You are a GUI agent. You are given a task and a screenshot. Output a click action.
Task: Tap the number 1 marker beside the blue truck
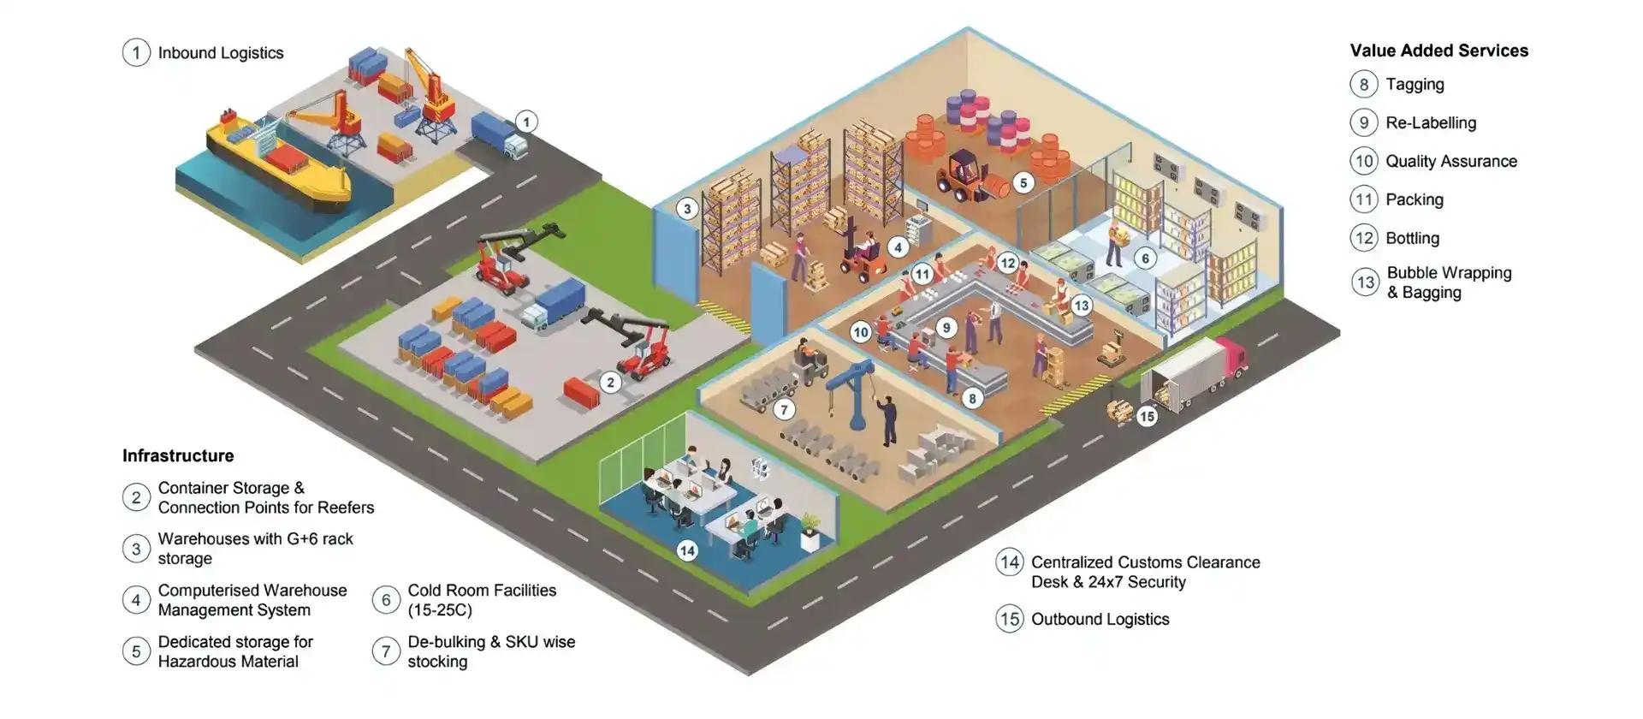point(526,122)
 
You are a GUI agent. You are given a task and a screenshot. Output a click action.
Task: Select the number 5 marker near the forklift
point(1023,182)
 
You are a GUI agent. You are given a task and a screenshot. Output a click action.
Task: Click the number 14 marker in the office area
point(686,550)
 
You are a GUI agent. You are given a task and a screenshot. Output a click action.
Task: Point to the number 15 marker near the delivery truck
point(1147,417)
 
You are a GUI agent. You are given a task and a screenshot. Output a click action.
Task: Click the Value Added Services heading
point(1438,51)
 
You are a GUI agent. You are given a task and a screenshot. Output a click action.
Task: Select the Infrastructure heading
point(178,455)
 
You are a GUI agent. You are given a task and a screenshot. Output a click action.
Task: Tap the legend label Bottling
point(1412,238)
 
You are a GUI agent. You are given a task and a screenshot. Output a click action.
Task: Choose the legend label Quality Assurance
point(1451,161)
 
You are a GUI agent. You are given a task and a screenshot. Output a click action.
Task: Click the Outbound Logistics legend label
point(1100,619)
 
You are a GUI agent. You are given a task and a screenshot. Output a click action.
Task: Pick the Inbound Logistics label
point(221,53)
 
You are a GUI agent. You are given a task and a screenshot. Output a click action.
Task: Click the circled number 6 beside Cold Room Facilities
point(386,600)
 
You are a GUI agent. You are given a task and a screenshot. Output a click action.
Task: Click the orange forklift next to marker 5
point(963,176)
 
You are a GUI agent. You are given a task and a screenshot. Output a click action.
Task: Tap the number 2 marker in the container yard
point(609,383)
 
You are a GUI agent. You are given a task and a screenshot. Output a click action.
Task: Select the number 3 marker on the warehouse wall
point(686,209)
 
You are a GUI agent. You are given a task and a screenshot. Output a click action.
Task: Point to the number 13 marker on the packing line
point(1082,306)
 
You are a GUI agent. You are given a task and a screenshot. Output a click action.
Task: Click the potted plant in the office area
point(810,530)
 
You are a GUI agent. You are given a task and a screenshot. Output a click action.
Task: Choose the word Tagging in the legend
point(1415,85)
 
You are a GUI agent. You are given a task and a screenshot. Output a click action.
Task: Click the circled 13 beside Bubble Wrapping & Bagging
point(1365,282)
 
